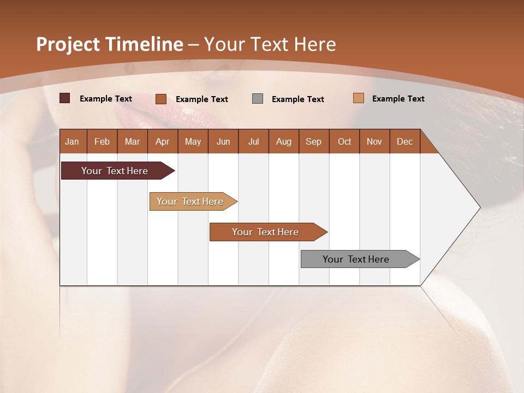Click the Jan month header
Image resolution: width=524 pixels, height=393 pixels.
coord(73,141)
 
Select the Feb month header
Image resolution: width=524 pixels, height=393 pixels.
coord(102,141)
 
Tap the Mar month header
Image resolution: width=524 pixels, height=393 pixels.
coord(132,141)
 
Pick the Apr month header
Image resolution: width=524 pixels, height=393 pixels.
coord(163,141)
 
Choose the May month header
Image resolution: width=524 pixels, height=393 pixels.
coord(193,141)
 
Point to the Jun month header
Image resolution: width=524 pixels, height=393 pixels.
coord(223,141)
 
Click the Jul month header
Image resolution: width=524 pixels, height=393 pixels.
coord(253,141)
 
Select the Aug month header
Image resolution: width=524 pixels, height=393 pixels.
coord(284,141)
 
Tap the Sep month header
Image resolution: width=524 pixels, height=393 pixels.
coord(314,141)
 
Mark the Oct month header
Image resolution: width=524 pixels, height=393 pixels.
coord(344,141)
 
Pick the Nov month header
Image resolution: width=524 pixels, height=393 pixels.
coord(374,141)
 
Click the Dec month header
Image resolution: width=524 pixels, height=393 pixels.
coord(405,141)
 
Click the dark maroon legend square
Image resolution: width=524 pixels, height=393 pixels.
coord(64,98)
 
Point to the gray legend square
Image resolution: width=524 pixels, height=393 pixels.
coord(258,99)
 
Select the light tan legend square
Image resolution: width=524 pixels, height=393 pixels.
coord(358,98)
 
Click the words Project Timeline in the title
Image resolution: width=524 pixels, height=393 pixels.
coord(110,44)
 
